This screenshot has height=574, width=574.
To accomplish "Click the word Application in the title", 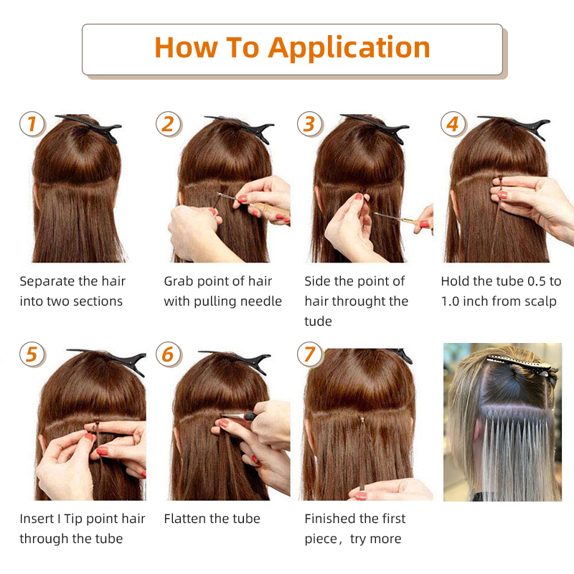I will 349,49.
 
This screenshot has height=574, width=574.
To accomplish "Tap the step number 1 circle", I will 32,124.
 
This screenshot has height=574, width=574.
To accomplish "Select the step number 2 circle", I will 168,124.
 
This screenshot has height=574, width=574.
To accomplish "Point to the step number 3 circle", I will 309,123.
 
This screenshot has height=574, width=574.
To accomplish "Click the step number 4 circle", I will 452,124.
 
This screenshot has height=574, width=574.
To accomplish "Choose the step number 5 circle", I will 32,354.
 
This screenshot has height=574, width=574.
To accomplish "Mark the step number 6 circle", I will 168,354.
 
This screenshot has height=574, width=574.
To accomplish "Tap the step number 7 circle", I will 309,354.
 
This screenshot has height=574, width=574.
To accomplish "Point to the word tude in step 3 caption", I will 318,321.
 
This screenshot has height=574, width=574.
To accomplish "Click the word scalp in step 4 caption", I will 538,301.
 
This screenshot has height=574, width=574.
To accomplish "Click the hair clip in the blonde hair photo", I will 520,365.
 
